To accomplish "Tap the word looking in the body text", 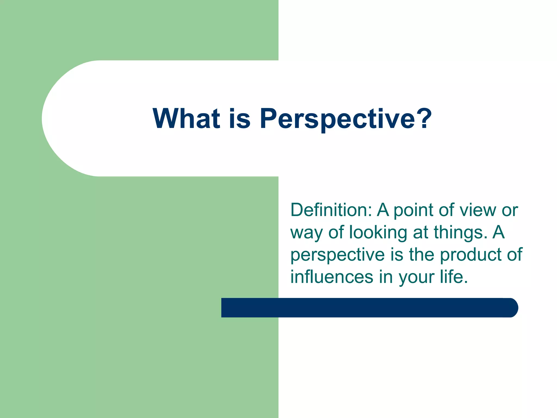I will [x=378, y=233].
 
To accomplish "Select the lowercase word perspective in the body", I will [x=338, y=255].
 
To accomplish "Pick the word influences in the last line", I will [x=332, y=277].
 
